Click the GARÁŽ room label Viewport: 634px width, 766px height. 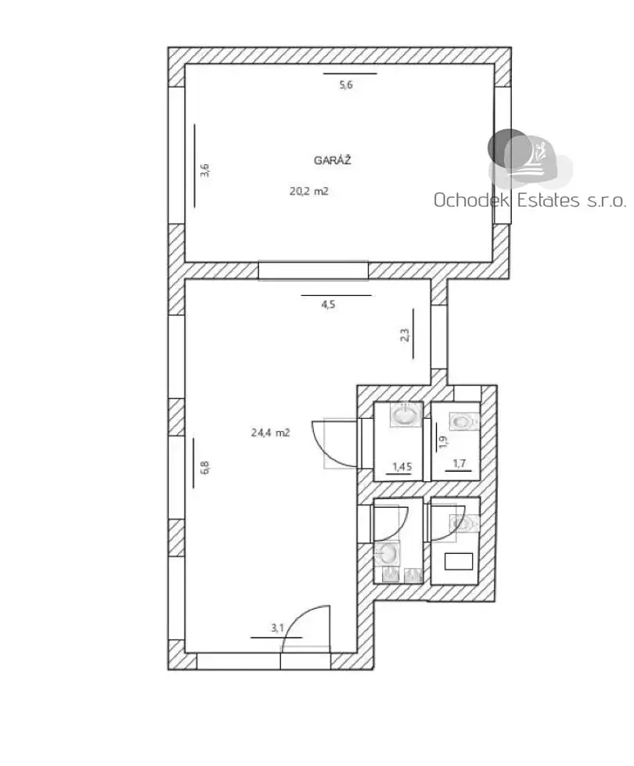pyautogui.click(x=333, y=160)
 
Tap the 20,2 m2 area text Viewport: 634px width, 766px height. pyautogui.click(x=309, y=191)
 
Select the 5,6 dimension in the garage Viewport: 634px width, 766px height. pyautogui.click(x=346, y=85)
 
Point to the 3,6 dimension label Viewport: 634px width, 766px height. pyautogui.click(x=205, y=170)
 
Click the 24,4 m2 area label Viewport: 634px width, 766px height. pyautogui.click(x=271, y=433)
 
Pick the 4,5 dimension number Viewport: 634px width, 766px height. pyautogui.click(x=328, y=305)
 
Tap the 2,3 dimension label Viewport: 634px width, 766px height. pyautogui.click(x=405, y=335)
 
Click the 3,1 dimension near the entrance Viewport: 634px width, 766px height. pyautogui.click(x=278, y=628)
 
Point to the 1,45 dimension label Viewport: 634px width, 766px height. pyautogui.click(x=402, y=466)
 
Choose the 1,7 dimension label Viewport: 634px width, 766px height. pyautogui.click(x=459, y=463)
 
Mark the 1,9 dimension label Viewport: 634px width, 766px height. pyautogui.click(x=443, y=441)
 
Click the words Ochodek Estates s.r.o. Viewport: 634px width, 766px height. pyautogui.click(x=530, y=200)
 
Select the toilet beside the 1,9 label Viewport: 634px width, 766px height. pyautogui.click(x=463, y=421)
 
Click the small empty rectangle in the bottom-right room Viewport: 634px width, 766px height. pyautogui.click(x=459, y=561)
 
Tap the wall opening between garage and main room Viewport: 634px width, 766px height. pyautogui.click(x=313, y=271)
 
